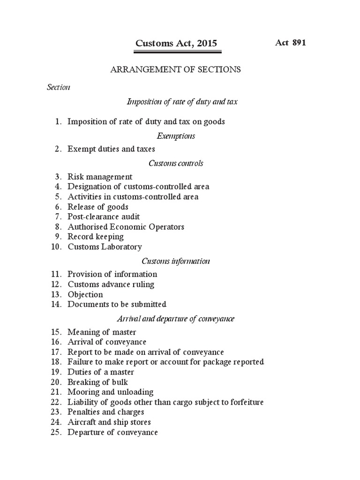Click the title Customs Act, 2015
pos(176,44)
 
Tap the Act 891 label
pos(290,43)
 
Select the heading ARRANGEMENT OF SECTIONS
pos(175,69)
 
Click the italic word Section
pos(59,87)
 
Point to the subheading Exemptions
pos(175,136)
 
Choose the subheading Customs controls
pos(176,163)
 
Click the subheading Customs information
pos(176,261)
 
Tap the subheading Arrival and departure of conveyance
pos(175,319)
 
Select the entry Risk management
pos(100,177)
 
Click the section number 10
pos(57,247)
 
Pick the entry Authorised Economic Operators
pos(126,227)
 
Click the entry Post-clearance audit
pos(104,217)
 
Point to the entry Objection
pos(85,294)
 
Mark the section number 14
pos(57,304)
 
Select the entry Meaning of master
pos(102,332)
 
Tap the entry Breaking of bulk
pos(97,382)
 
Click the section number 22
pos(57,402)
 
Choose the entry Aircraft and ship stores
pos(109,422)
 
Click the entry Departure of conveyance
pos(112,432)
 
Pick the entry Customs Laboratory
pos(105,247)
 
